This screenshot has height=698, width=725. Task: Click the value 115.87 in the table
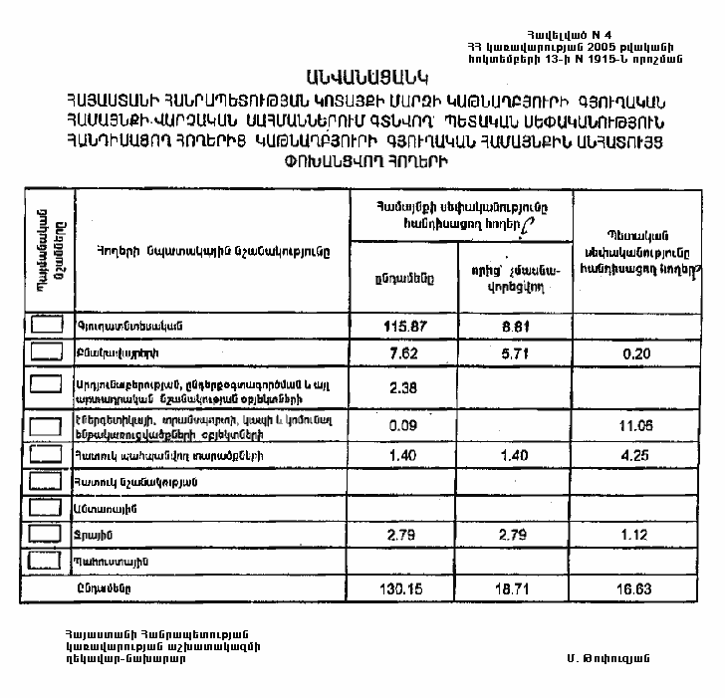point(403,327)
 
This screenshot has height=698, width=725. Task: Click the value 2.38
point(403,388)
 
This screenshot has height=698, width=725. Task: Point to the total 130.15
point(403,589)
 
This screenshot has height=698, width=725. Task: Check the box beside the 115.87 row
point(48,325)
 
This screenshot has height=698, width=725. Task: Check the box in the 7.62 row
point(48,351)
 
